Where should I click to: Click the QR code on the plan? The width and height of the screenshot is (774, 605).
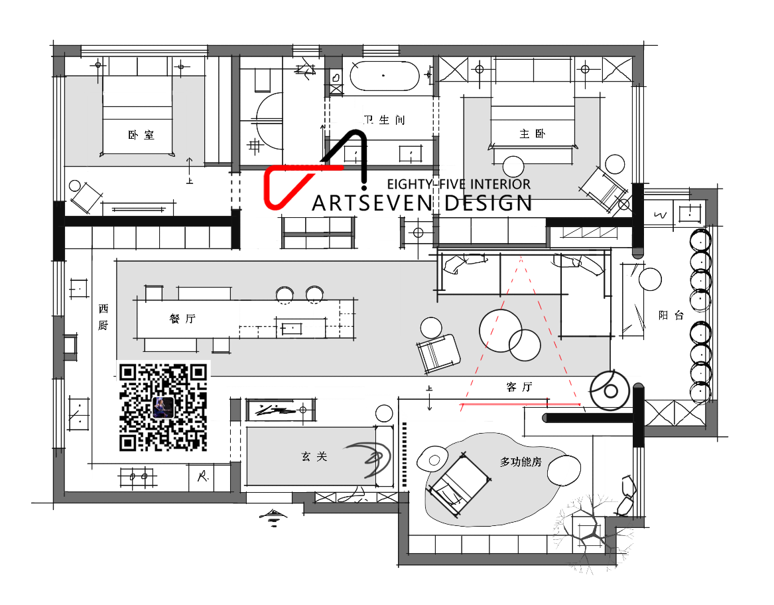pos(163,407)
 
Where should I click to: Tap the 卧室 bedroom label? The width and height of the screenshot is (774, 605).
pos(141,135)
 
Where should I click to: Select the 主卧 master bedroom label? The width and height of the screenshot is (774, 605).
pos(532,133)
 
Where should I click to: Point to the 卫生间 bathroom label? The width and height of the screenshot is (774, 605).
pos(384,120)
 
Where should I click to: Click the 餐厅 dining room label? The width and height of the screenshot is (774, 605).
pos(182,319)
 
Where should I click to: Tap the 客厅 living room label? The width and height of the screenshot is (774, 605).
pos(519,387)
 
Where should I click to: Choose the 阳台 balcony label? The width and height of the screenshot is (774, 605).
pos(671,315)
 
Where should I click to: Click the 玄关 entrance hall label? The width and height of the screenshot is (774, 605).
pos(314,456)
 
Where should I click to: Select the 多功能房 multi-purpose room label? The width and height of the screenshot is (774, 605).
pos(521,462)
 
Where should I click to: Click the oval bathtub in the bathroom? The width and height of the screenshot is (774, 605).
pos(385,76)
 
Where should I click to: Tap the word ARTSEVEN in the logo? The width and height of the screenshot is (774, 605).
pos(373,203)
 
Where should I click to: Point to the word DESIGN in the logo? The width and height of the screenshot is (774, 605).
pos(488,203)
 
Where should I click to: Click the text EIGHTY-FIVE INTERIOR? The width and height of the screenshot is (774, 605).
pos(458,185)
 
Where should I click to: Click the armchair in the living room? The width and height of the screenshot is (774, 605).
pos(438,353)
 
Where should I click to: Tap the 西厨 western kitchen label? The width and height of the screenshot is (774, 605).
pos(103,317)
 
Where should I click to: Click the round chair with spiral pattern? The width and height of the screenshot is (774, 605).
pos(610,390)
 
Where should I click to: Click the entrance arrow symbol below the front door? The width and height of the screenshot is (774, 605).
pos(273,517)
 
